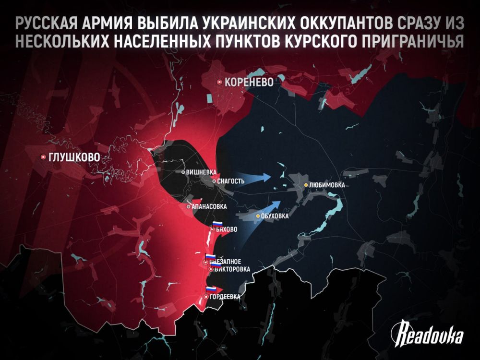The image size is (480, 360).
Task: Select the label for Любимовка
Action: coord(328,185)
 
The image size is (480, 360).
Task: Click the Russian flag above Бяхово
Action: coord(217,224)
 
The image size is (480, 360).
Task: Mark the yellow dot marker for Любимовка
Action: coord(306,185)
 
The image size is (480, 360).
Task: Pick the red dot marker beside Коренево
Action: coord(219,82)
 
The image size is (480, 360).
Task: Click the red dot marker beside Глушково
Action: coord(43,156)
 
